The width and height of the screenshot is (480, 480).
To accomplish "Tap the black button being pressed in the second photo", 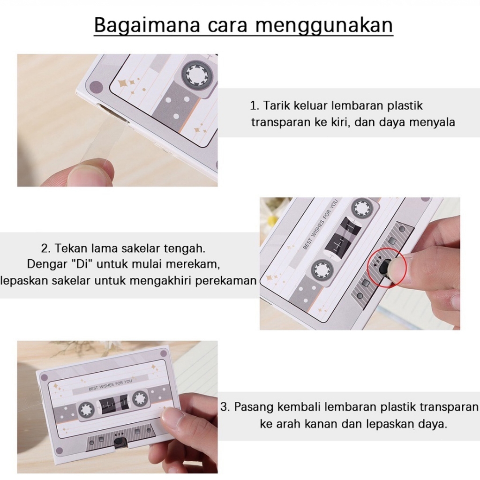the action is tap(384, 266).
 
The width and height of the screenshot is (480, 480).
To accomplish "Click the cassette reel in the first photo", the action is tap(196, 75).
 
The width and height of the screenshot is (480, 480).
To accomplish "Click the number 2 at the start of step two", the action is tap(45, 248).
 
